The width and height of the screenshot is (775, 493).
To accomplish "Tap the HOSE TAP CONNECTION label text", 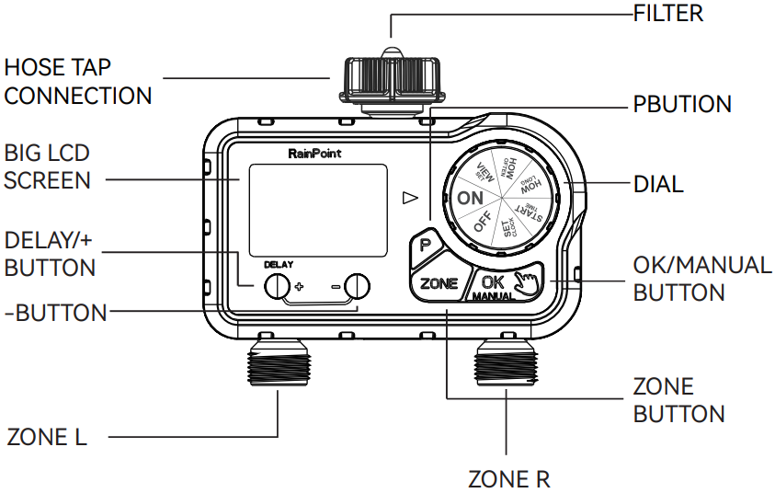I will coord(78,81).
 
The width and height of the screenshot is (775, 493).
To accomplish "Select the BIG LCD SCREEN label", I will coord(48,165).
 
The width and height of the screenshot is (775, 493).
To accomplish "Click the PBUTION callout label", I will coord(682,104).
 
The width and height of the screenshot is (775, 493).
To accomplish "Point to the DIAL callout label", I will coord(658,183).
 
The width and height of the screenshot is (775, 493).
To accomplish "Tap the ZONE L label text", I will coord(47,437).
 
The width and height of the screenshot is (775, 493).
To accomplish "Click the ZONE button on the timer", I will coord(438,283).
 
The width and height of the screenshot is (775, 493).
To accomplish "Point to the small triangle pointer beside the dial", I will coord(410,197).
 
